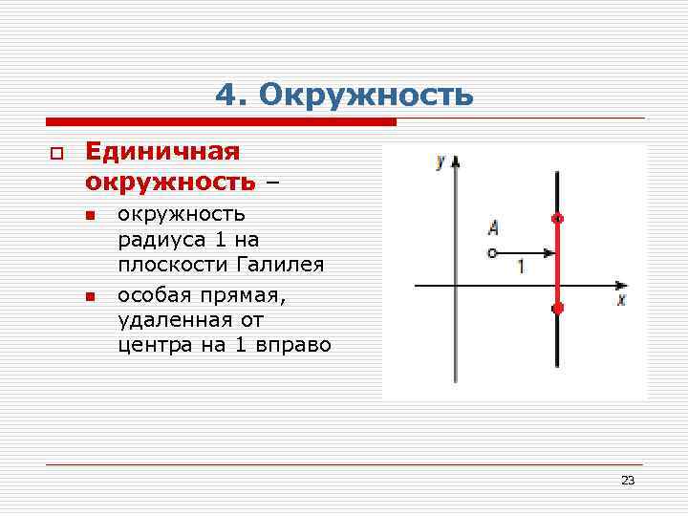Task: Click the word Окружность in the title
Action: [x=366, y=96]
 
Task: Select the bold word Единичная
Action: [x=161, y=152]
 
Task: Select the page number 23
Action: [x=627, y=480]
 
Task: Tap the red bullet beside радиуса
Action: [x=91, y=216]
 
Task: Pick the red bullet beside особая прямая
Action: [x=91, y=296]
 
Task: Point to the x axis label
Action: [x=620, y=300]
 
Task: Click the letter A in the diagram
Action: [x=493, y=227]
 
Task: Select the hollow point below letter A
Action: [x=492, y=253]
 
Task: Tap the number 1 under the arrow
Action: [x=521, y=267]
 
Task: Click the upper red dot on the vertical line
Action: [x=558, y=219]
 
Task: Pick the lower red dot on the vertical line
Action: [x=558, y=308]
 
